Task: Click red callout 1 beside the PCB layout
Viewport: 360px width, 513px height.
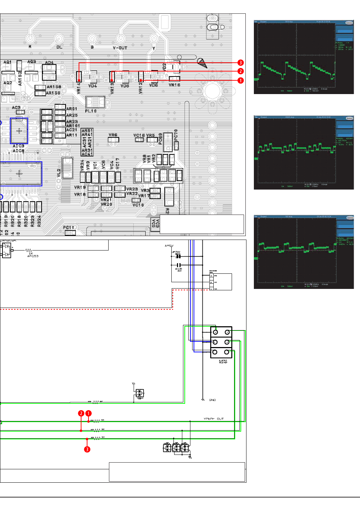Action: coord(240,80)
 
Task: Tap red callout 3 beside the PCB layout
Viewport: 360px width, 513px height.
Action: coord(240,63)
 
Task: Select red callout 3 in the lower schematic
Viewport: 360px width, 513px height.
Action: coord(87,449)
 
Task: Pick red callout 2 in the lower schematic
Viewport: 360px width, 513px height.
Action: coord(81,413)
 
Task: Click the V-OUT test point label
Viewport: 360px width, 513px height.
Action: coord(120,48)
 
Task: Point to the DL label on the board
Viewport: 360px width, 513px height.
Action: coord(59,47)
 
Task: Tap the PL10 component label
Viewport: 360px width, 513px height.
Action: coord(91,111)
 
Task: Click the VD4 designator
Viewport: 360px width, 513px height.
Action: coord(93,86)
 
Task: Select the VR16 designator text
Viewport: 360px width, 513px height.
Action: coord(174,85)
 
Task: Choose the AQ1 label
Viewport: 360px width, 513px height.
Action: coord(7,62)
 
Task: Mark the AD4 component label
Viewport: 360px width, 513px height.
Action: coord(49,63)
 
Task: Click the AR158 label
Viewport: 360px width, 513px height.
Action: coord(54,87)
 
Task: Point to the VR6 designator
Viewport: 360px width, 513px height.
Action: coord(113,135)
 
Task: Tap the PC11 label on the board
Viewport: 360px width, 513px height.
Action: coord(68,228)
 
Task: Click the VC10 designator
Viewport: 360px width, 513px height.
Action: coord(138,205)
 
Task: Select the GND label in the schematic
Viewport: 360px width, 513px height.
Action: coord(212,400)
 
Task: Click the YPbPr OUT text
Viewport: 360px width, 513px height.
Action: coord(214,419)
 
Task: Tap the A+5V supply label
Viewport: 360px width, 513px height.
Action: coord(169,246)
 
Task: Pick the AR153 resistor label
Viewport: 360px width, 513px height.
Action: coord(33,256)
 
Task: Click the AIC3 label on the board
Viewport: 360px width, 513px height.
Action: coord(18,146)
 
